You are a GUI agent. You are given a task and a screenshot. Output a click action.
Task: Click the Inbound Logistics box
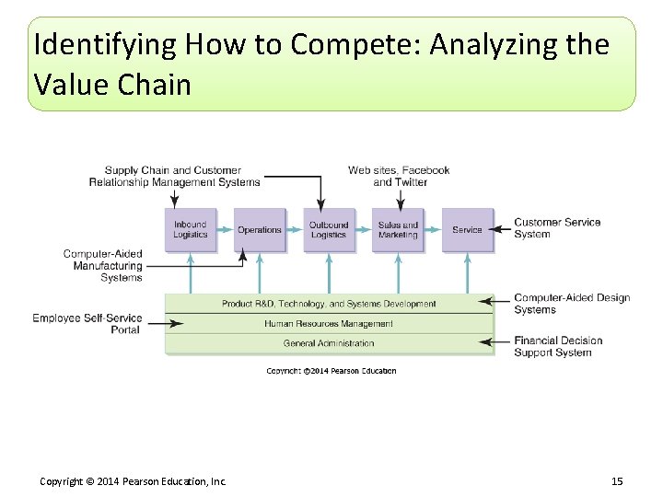(191, 229)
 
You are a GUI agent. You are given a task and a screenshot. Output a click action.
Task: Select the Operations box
(260, 229)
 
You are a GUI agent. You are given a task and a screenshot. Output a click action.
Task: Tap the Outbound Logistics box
(329, 229)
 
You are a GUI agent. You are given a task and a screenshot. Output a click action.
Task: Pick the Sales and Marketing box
(398, 229)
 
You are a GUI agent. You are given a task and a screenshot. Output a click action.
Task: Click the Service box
(467, 229)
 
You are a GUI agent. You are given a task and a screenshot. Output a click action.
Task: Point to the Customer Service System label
(557, 227)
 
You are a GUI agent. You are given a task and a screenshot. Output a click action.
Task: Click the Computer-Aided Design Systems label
(571, 304)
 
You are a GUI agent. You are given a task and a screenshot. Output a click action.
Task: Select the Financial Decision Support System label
(558, 346)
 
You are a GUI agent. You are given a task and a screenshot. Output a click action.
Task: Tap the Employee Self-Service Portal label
(87, 324)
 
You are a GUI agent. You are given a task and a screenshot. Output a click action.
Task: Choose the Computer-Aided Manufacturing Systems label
(103, 265)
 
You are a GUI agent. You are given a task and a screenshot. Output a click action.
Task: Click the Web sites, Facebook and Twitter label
(399, 176)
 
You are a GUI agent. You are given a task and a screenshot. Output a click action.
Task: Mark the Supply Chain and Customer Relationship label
(174, 176)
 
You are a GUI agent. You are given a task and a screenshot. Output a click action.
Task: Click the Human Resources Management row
(329, 324)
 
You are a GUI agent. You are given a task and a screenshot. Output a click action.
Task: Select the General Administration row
(329, 343)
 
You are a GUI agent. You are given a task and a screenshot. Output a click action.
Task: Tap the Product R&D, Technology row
(329, 304)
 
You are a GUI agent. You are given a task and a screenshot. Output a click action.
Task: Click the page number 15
(616, 481)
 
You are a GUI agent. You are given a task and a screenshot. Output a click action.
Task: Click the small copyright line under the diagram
(331, 371)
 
